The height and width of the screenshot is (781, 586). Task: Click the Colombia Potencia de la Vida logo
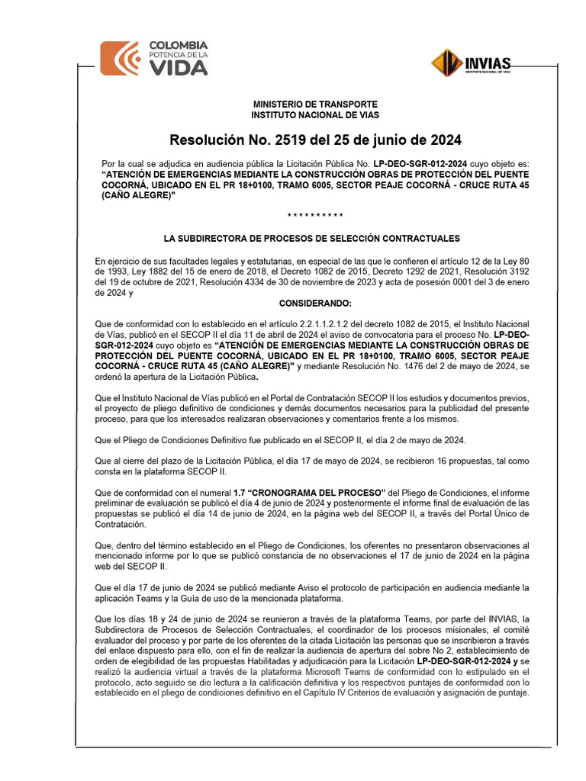154,58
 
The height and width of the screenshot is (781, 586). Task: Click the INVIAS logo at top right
472,63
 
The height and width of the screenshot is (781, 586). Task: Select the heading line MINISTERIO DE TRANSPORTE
315,104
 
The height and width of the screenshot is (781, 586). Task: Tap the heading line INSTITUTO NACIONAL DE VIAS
315,114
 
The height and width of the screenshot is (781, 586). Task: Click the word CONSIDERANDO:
315,304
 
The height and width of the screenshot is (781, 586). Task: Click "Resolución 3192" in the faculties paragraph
500,271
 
